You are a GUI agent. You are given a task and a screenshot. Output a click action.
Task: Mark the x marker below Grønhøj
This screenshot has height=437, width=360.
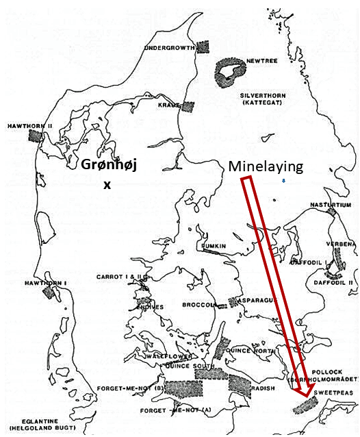click(106, 184)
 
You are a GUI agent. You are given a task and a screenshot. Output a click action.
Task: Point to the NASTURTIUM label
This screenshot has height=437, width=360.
click(329, 204)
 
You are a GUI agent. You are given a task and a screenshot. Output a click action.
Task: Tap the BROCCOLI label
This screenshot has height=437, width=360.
click(199, 304)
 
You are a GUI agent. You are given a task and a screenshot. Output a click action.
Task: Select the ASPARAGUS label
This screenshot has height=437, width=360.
click(255, 300)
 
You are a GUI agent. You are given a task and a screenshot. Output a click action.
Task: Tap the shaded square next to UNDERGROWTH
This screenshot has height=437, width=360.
click(203, 47)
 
